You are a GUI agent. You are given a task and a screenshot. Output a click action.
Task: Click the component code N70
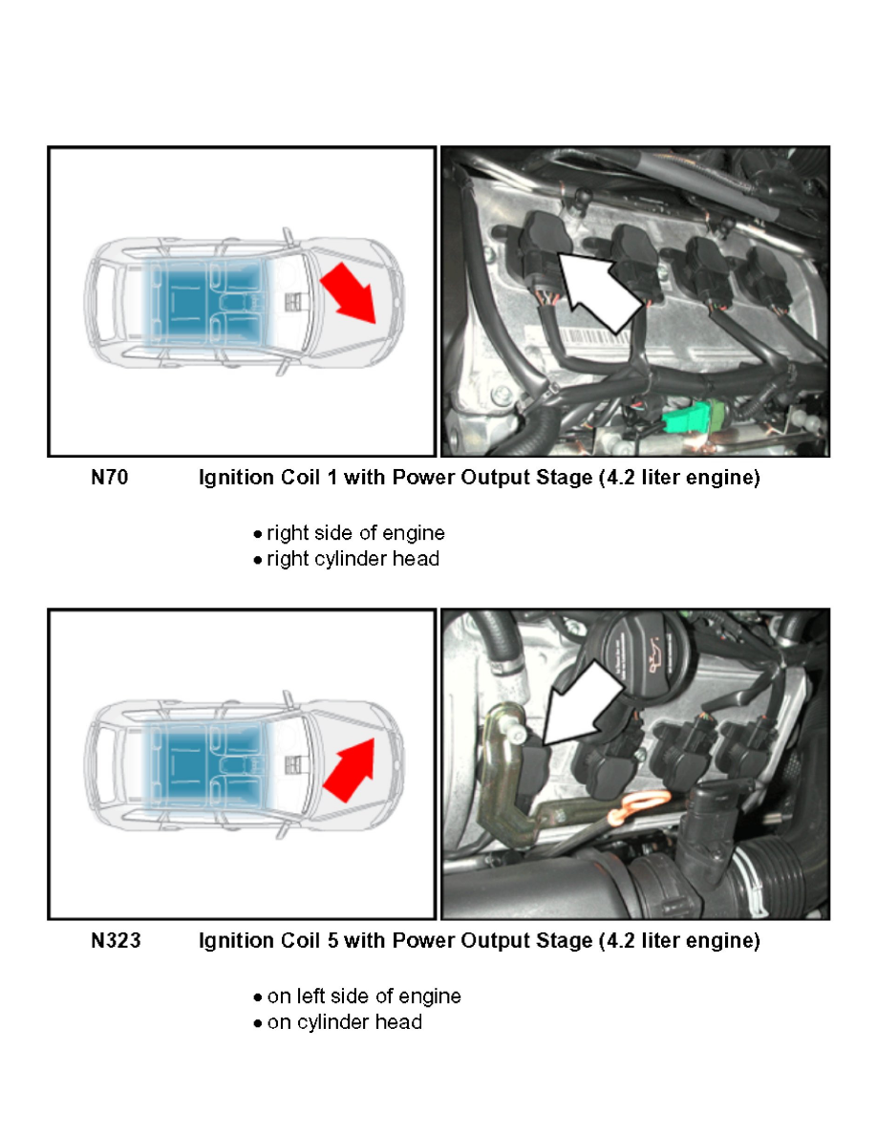(109, 478)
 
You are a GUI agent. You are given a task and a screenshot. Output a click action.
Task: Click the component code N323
(116, 940)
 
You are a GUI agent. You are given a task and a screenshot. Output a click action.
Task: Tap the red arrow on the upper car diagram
(349, 292)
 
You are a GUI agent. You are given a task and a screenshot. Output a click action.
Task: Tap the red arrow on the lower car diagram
(350, 769)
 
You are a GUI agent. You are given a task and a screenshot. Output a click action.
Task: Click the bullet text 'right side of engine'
(355, 533)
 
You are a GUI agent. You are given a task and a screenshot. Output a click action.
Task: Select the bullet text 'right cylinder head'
(353, 559)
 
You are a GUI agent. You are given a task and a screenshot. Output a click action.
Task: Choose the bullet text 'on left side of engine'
(364, 996)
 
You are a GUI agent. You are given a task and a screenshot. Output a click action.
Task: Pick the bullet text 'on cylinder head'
(345, 1022)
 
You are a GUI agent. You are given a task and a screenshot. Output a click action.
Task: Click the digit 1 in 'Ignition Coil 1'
(332, 478)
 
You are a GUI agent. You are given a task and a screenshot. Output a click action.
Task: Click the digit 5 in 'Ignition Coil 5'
(332, 940)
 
